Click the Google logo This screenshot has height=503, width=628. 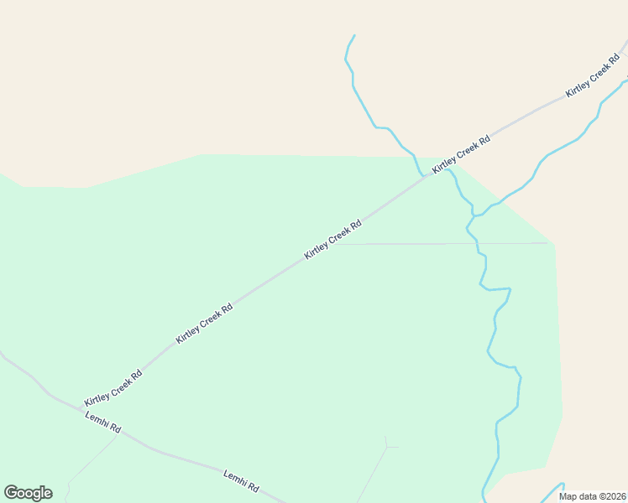pos(28,493)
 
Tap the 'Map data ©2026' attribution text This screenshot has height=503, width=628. pos(592,496)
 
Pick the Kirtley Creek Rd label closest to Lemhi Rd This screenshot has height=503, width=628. pos(113,388)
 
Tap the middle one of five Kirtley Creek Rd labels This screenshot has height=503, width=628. pos(332,239)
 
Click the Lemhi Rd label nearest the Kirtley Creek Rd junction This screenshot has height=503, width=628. pos(103,422)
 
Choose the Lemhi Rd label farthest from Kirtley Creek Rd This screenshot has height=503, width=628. pos(241,480)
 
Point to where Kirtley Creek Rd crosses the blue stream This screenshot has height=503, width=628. pos(422,176)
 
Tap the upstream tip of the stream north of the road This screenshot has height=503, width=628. pos(354,35)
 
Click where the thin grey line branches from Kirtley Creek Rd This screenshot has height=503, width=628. pos(340,244)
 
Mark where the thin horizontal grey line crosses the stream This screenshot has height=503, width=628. pos(476,244)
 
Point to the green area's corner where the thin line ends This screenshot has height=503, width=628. pos(550,243)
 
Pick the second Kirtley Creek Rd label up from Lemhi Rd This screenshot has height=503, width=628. pos(204,324)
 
